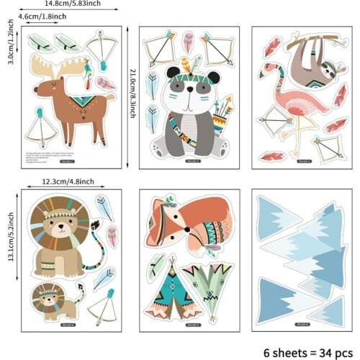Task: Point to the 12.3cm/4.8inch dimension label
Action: (70, 181)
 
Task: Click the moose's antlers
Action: (62, 69)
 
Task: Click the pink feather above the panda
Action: (187, 41)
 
